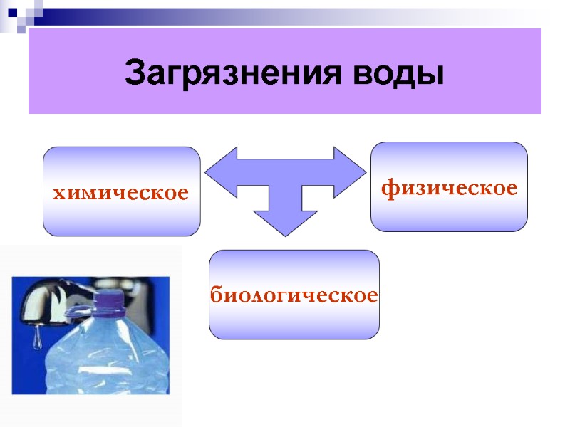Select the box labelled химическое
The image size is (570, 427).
click(x=121, y=191)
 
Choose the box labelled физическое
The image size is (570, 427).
click(x=450, y=187)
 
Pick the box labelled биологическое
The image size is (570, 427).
click(x=294, y=294)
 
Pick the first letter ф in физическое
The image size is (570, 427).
click(x=389, y=189)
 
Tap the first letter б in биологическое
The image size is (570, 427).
click(x=216, y=294)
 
